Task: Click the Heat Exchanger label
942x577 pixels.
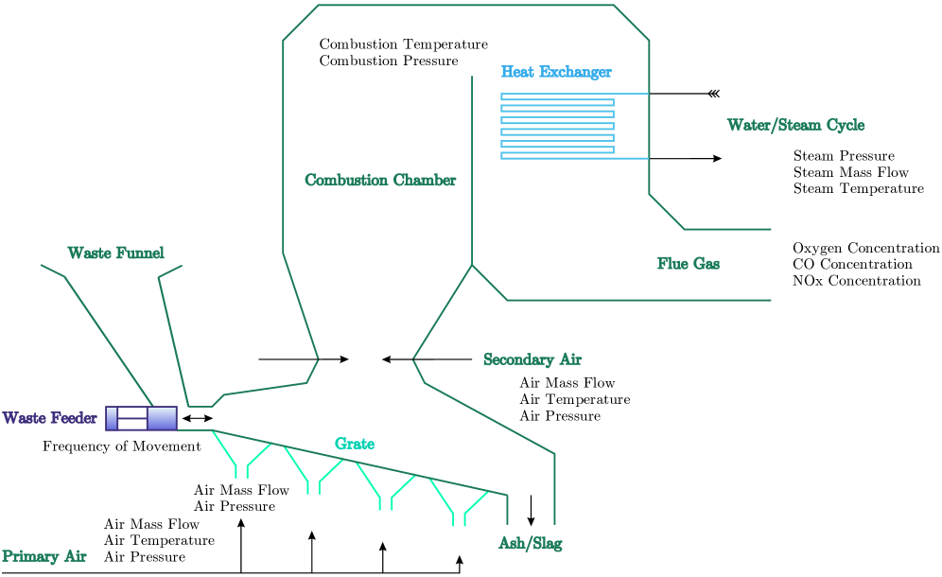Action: (556, 72)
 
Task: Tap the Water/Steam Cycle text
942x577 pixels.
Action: (795, 125)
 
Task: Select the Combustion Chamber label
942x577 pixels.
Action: (380, 180)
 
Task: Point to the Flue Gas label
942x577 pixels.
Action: (689, 264)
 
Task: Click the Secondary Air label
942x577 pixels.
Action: (532, 359)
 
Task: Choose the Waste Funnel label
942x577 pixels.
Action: (115, 254)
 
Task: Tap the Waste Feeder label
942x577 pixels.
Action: (49, 418)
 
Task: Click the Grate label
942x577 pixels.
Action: (355, 444)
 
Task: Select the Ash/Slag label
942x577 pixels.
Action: (531, 544)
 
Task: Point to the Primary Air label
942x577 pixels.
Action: (44, 556)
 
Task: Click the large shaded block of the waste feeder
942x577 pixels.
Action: (162, 418)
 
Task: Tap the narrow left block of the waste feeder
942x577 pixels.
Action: (112, 418)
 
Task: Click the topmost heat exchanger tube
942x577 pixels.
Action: (557, 96)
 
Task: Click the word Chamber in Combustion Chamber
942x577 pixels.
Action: (425, 180)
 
